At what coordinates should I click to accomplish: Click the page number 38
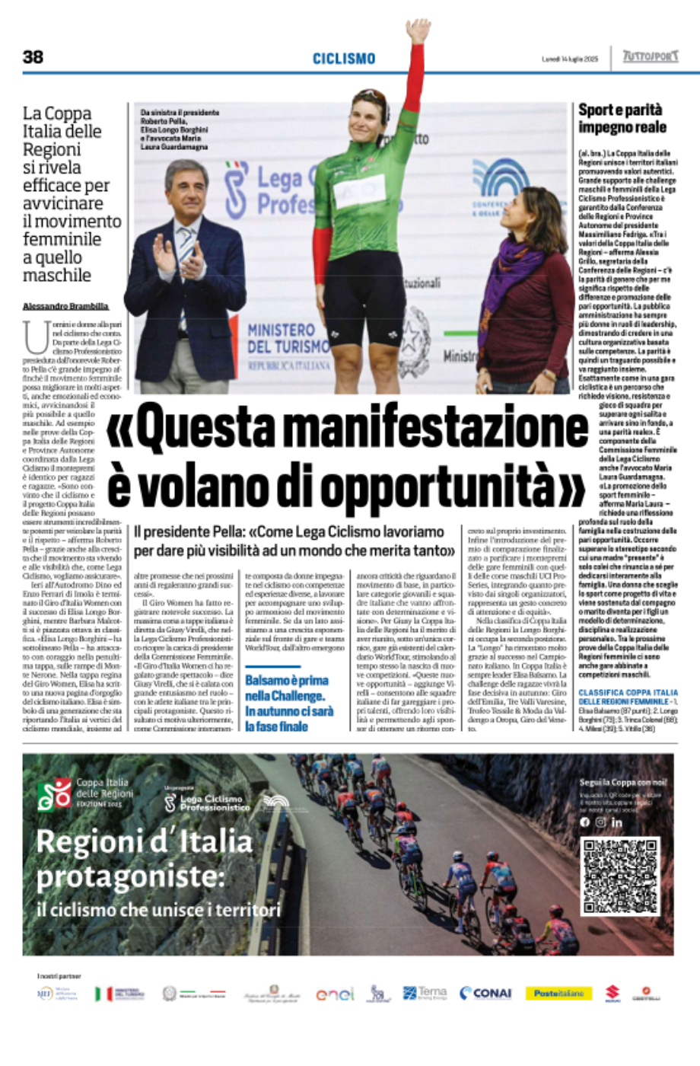[33, 57]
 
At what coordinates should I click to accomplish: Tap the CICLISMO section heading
[344, 59]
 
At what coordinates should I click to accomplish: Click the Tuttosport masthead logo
[650, 57]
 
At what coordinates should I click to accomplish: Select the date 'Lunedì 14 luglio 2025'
[570, 59]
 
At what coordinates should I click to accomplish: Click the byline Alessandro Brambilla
[65, 306]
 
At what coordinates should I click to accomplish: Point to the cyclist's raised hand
[417, 30]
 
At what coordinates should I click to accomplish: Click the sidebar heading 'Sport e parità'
[620, 110]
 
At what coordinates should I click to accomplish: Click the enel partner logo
[335, 994]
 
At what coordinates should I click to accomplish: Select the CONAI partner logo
[485, 993]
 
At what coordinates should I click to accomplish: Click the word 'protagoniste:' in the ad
[130, 877]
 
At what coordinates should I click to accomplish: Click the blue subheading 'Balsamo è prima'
[286, 680]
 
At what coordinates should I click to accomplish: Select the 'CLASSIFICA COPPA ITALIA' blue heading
[628, 692]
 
